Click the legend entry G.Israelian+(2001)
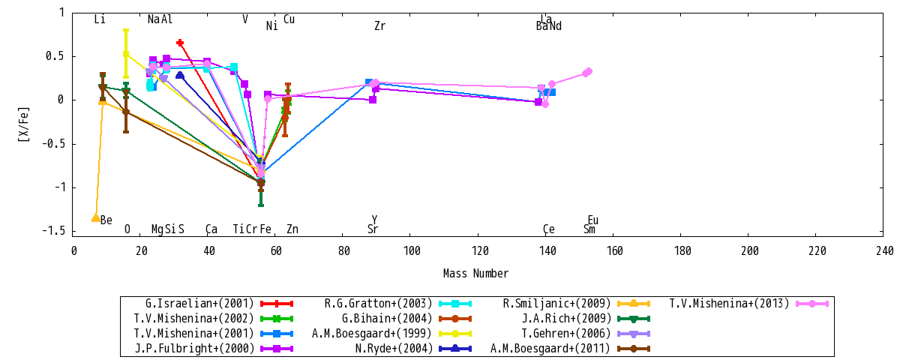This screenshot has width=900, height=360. (199, 303)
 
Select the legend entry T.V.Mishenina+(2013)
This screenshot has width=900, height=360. (729, 303)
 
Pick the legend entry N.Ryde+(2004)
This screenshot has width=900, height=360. (394, 348)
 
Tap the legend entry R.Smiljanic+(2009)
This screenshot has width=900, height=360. (556, 303)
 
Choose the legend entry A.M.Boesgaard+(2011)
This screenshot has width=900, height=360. (550, 348)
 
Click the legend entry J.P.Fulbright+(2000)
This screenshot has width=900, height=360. (194, 348)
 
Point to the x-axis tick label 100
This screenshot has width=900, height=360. (412, 251)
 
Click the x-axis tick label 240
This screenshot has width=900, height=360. (885, 251)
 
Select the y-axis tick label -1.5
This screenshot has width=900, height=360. (53, 231)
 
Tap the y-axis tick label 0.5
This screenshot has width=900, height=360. (55, 56)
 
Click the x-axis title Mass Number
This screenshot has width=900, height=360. (475, 274)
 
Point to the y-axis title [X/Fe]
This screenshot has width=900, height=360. (24, 124)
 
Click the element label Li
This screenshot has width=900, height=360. (100, 19)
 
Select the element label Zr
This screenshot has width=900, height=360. (379, 26)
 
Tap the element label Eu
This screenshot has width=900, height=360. (593, 220)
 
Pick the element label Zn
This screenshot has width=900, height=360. (292, 229)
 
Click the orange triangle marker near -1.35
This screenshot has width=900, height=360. (96, 218)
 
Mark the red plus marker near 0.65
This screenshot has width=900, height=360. (180, 43)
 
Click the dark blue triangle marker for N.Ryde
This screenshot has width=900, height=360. (180, 75)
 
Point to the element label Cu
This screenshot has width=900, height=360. (289, 19)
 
